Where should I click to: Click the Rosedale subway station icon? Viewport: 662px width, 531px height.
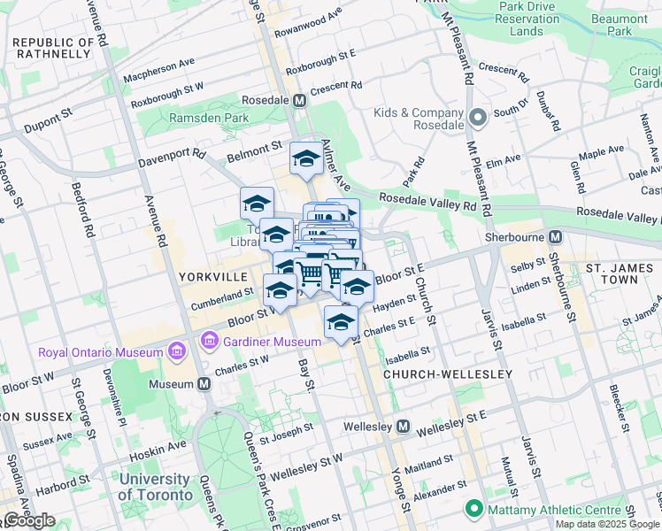click(x=300, y=101)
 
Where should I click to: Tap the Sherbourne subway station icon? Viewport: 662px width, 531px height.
click(x=555, y=237)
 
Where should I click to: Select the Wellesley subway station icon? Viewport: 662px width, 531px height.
click(x=403, y=427)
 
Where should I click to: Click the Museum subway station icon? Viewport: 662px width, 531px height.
click(x=204, y=384)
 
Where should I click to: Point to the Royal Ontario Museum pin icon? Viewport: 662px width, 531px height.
click(x=175, y=352)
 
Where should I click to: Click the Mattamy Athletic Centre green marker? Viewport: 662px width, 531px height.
click(x=474, y=509)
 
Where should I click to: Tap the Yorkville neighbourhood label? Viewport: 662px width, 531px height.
click(x=212, y=276)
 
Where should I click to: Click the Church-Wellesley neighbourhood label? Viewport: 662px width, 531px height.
click(x=448, y=374)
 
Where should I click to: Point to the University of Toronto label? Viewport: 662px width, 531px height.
click(x=155, y=487)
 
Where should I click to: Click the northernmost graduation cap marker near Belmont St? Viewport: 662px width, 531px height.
click(x=307, y=159)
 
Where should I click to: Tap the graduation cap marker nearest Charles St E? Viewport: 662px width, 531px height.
click(x=340, y=323)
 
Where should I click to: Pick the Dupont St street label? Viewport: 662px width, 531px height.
click(x=48, y=120)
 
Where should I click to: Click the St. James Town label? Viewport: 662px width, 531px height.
click(x=611, y=273)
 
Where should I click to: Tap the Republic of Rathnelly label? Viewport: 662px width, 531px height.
click(x=52, y=48)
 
